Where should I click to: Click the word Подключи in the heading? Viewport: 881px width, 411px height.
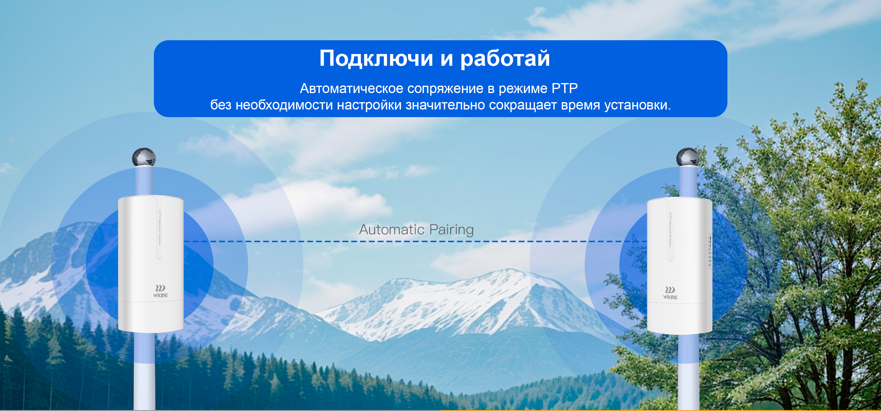point(376,58)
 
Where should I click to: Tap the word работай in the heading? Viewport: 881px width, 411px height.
point(505,58)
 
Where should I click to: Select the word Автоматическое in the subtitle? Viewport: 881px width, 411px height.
point(351,89)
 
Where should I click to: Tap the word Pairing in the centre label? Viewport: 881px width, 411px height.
point(451,230)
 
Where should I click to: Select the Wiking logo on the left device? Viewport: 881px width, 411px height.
point(160,291)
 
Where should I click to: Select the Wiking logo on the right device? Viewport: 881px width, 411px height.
point(670,293)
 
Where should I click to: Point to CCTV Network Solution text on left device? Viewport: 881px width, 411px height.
point(159,228)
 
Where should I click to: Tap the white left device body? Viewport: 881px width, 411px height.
point(151,264)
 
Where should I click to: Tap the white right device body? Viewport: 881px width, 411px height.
point(680,266)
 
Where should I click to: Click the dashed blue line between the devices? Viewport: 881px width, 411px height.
point(415,242)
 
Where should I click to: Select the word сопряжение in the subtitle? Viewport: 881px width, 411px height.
point(445,89)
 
